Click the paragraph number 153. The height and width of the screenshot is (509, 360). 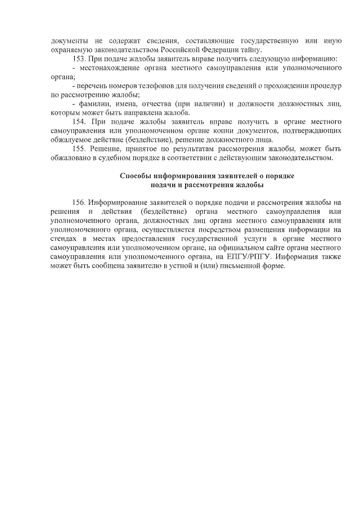click(x=80, y=58)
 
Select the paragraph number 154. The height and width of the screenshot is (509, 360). click(x=80, y=121)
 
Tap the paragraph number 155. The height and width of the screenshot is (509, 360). click(x=80, y=148)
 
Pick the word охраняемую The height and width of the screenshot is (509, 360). click(x=70, y=49)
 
